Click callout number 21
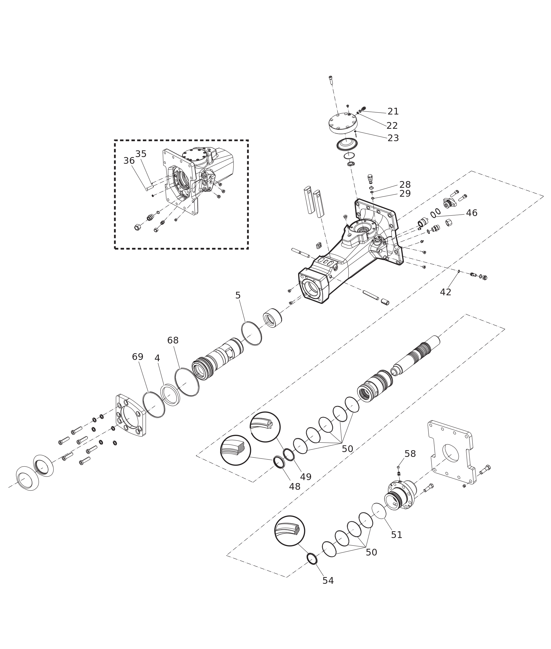point(393,111)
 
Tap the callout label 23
point(393,138)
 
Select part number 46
point(472,213)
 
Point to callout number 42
point(446,292)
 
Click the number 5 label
point(238,295)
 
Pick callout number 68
point(173,340)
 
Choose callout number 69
point(137,357)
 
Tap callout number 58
point(410,454)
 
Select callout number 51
point(397,535)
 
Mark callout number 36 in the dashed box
point(129,161)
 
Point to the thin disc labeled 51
point(379,511)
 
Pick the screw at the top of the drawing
point(331,80)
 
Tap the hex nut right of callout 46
point(449,223)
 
